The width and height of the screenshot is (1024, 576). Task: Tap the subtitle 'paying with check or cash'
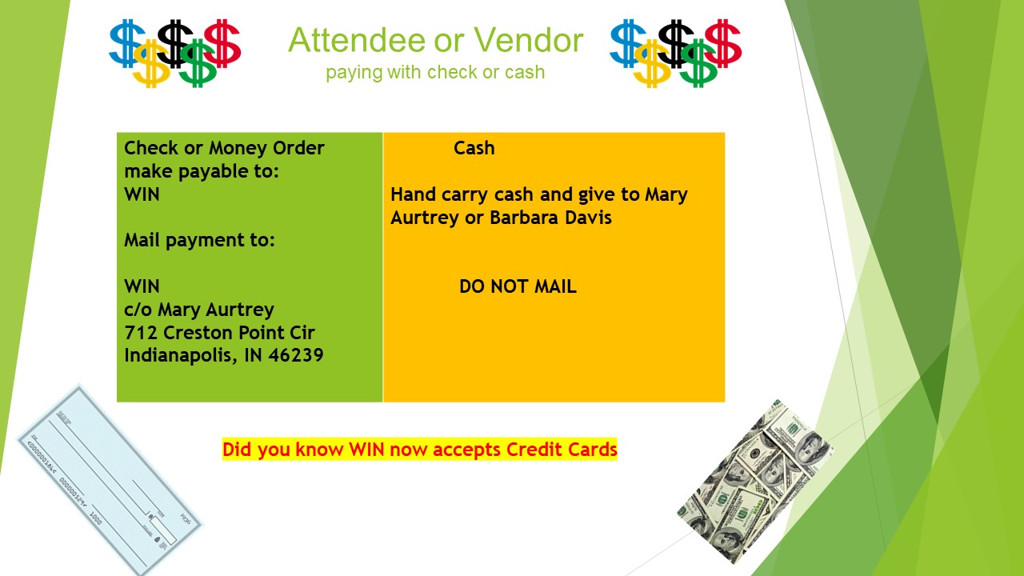coord(435,72)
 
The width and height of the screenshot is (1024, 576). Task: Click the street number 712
coord(141,332)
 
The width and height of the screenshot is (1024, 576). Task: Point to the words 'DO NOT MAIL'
coord(518,286)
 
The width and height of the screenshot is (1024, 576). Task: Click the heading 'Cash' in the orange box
coord(474,148)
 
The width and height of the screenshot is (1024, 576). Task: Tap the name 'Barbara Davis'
coord(550,218)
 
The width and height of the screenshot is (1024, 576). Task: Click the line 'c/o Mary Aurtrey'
coord(199,310)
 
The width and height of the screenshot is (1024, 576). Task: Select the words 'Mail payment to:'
coord(199,241)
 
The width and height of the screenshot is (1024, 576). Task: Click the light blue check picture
coord(110,480)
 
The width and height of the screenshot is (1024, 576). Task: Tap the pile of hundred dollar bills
coord(756,482)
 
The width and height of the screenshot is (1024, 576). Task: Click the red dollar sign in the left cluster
coord(222,43)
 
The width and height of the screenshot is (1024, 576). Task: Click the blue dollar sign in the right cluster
coord(628,43)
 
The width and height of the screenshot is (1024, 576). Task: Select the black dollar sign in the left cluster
coord(175,43)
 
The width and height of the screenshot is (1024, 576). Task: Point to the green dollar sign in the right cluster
coord(698,63)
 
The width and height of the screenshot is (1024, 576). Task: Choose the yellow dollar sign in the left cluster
coord(152,63)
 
